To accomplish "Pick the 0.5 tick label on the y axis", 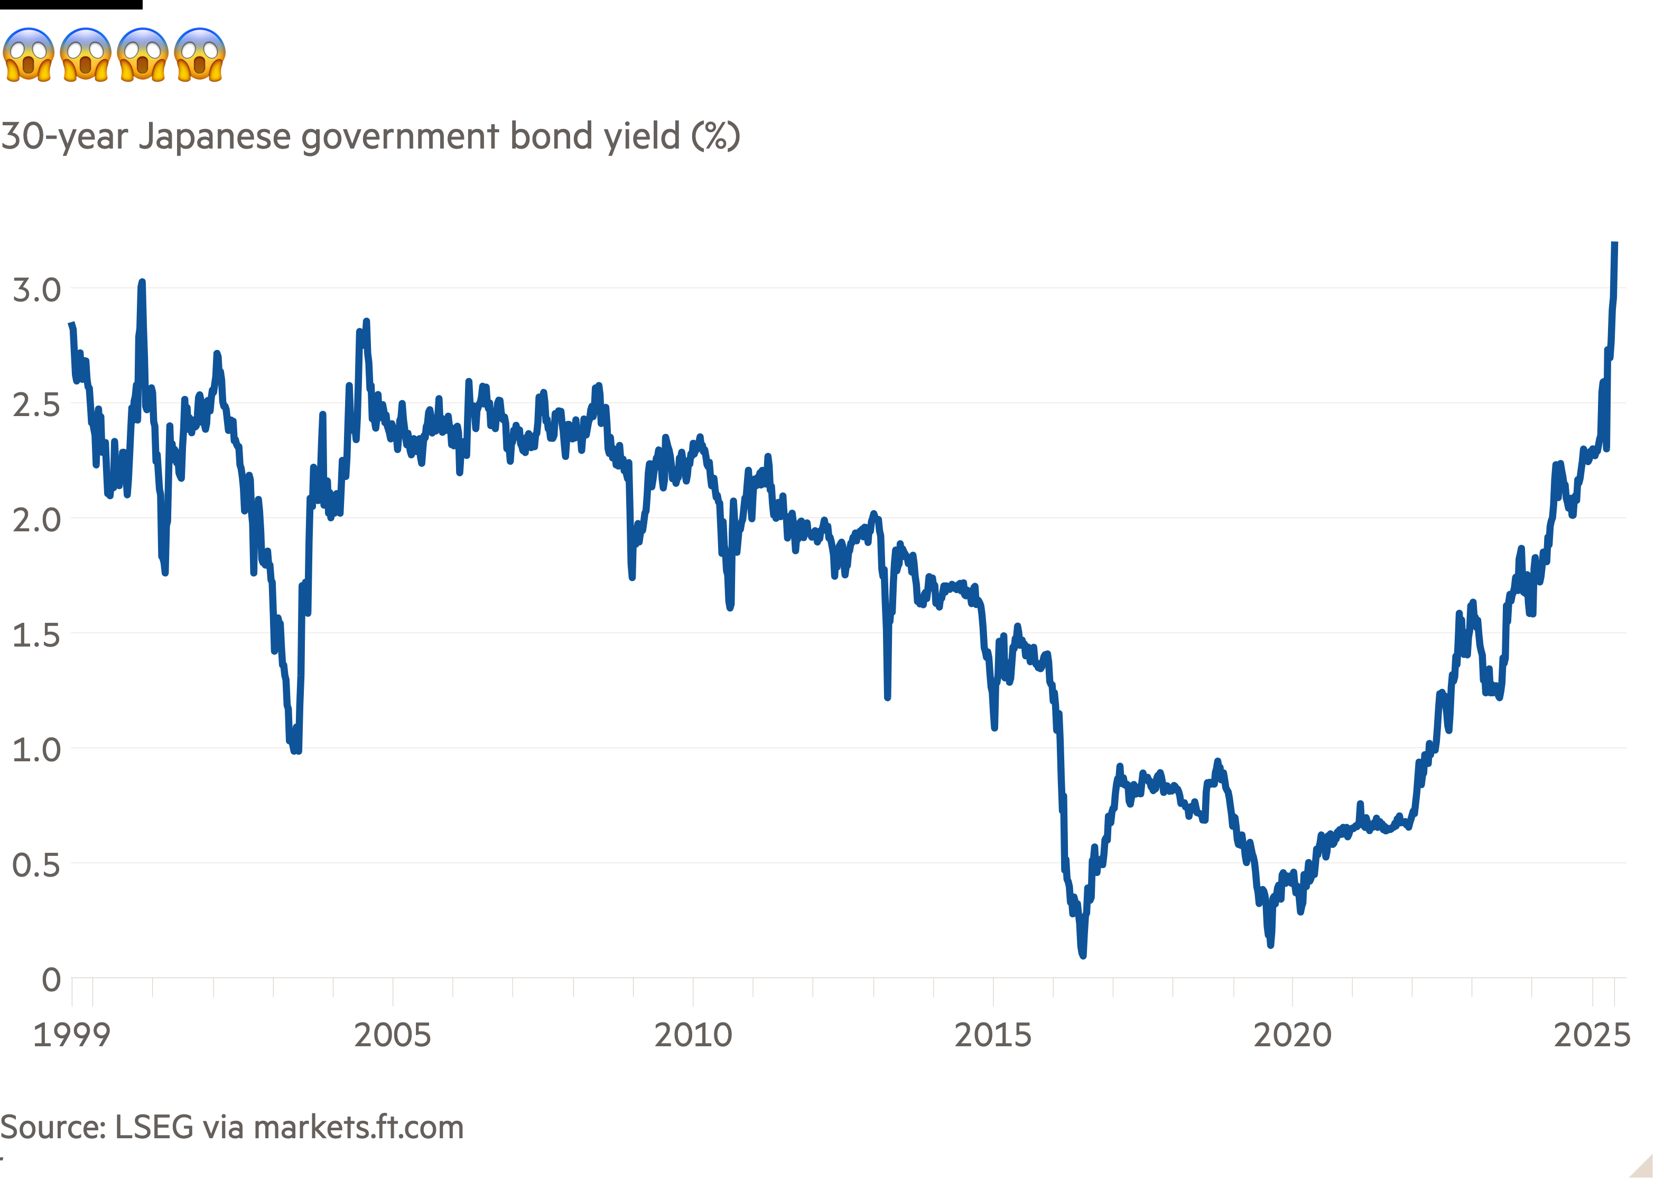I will [x=36, y=865].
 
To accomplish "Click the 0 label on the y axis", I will [x=51, y=980].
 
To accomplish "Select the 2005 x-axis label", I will [x=392, y=1035].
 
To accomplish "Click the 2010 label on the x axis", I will [x=692, y=1035].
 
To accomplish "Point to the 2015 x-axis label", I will [x=992, y=1035].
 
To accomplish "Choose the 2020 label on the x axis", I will [x=1293, y=1035].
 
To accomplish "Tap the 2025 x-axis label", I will [x=1592, y=1035].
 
